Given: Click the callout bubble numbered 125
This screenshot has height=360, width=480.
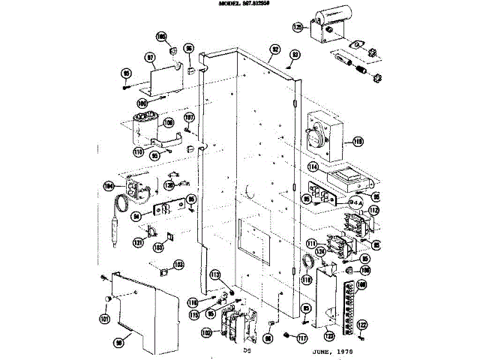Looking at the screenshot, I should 297,27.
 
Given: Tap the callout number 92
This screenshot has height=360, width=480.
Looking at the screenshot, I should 275,49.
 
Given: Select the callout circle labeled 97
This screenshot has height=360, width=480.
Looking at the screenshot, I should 150,56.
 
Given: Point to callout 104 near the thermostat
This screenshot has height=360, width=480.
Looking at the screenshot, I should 109,184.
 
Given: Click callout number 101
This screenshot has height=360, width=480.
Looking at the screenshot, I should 104,318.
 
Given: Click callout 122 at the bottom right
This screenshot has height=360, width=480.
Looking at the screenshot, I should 362,325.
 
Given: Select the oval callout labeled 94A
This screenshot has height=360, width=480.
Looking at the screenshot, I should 335,202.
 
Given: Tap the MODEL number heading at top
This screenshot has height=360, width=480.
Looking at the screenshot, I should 240,4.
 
